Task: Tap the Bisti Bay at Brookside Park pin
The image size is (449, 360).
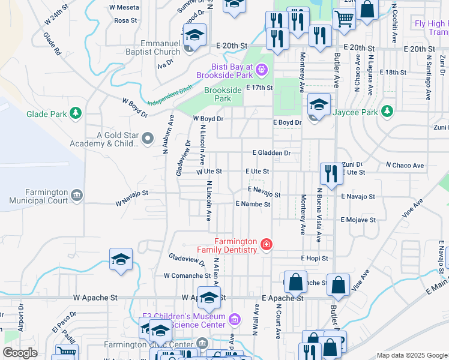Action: (262, 70)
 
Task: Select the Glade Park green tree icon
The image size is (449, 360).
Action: (76, 113)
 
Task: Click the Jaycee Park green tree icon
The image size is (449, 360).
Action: (388, 112)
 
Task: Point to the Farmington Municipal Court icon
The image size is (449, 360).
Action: (76, 195)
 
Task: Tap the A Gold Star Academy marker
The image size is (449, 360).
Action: (148, 139)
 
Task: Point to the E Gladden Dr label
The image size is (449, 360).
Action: (271, 153)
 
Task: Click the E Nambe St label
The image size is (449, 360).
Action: (253, 204)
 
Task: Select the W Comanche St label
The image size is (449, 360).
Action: (187, 275)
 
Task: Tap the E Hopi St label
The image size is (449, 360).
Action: (315, 258)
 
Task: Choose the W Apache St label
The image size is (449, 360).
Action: (95, 297)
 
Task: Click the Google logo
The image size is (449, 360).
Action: (20, 353)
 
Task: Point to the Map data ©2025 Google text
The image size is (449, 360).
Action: (411, 356)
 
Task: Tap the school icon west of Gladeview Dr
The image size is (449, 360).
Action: (121, 260)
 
